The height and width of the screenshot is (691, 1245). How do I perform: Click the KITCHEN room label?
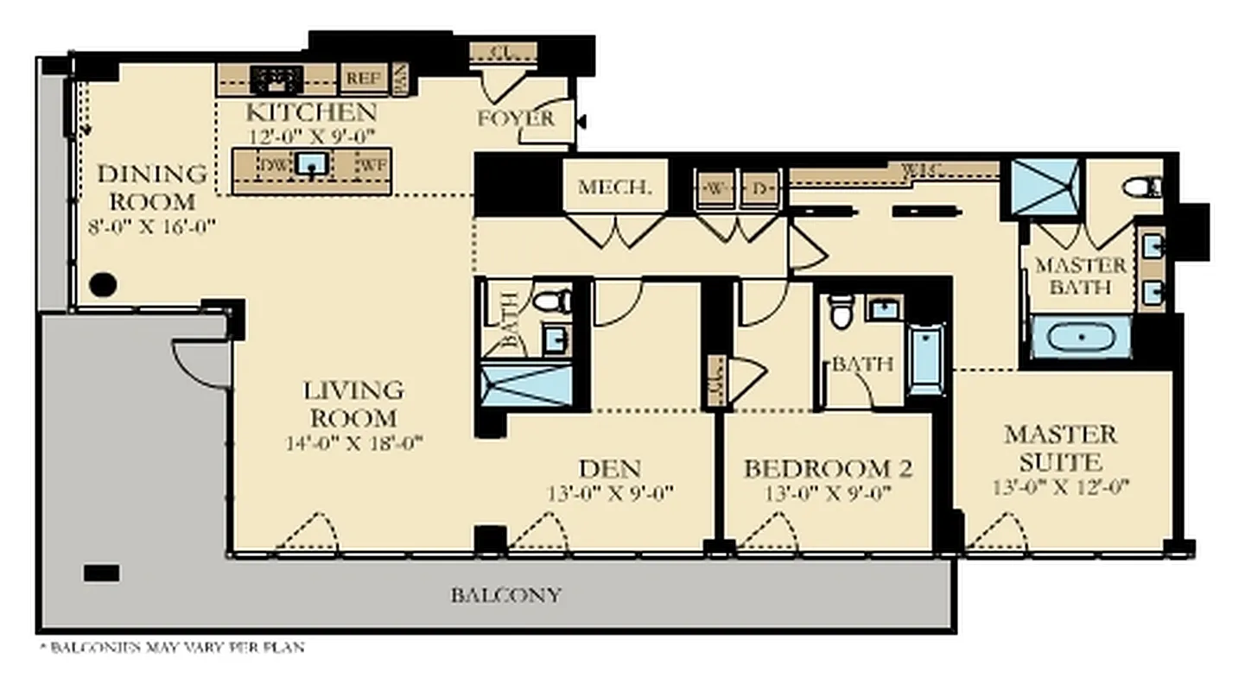click(311, 112)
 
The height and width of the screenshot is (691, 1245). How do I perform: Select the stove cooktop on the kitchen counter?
click(276, 79)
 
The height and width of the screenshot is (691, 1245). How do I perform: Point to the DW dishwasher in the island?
click(275, 164)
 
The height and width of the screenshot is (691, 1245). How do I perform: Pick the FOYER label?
click(516, 118)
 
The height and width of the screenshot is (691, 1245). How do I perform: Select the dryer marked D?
click(760, 188)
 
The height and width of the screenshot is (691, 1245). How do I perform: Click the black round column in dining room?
click(103, 284)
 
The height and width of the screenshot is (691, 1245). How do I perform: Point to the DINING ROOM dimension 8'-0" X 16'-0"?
click(151, 226)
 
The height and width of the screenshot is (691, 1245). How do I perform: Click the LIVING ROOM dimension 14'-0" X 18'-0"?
click(353, 444)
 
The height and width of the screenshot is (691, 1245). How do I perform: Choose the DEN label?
click(609, 469)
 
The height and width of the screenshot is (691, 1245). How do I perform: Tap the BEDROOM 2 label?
click(828, 469)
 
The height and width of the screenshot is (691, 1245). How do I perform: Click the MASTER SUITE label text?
click(1060, 447)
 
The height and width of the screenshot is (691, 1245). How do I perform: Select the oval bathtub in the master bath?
click(1080, 337)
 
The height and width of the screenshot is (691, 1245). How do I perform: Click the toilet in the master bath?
click(1140, 187)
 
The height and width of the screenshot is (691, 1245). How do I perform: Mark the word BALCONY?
click(506, 595)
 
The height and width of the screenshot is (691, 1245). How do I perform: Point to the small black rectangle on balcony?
click(101, 573)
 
